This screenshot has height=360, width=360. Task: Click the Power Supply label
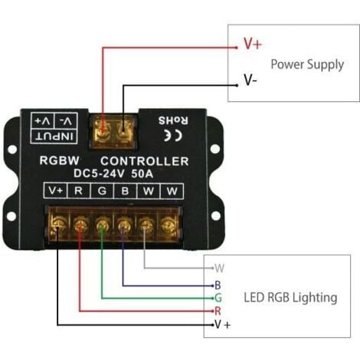[307, 64]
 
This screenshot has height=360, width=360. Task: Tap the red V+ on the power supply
[252, 44]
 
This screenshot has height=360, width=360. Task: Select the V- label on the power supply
[250, 79]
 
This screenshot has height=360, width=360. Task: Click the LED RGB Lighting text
[290, 296]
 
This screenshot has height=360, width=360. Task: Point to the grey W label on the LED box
[220, 268]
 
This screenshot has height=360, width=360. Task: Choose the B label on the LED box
[218, 284]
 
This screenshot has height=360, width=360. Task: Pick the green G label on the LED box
[218, 296]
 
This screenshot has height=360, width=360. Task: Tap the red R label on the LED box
[218, 310]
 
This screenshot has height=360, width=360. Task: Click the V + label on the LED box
[222, 325]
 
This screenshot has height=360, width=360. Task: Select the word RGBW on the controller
[60, 162]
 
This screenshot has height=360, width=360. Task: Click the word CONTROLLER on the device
[145, 162]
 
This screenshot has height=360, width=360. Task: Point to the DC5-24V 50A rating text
[113, 174]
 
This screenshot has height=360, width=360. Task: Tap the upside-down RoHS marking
[168, 120]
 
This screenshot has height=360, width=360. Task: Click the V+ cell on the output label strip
[55, 191]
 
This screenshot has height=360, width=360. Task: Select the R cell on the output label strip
[79, 191]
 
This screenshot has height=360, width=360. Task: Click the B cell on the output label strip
[126, 191]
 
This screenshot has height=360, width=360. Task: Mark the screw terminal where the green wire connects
[102, 225]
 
